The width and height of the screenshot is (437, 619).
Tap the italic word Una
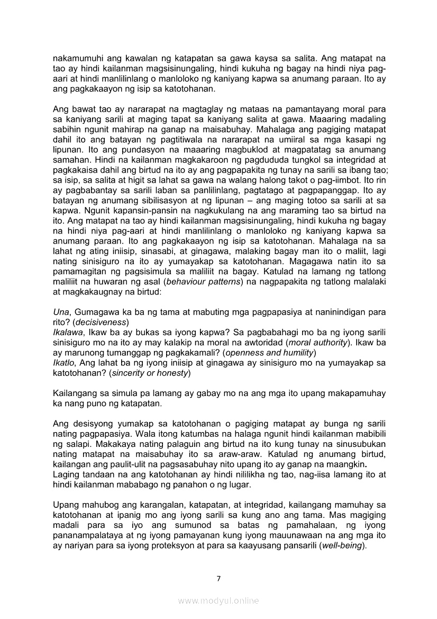[61, 312]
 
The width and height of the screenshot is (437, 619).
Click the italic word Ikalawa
[67, 332]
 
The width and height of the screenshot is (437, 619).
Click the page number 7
[218, 578]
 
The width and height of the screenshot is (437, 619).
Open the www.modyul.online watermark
[218, 600]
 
